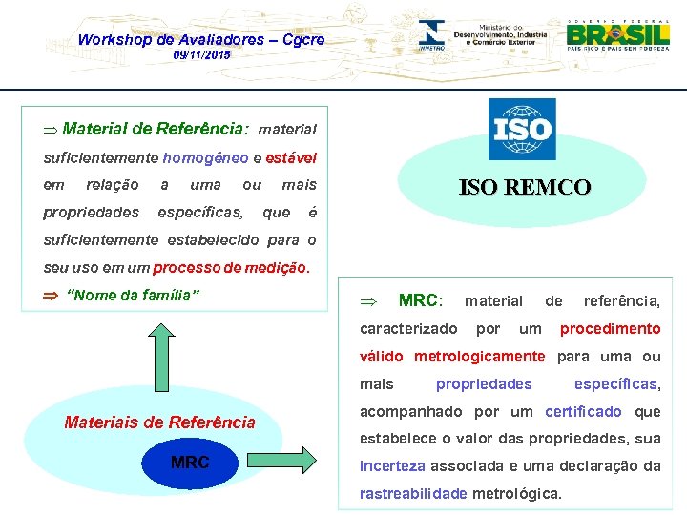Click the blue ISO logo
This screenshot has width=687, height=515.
click(522, 129)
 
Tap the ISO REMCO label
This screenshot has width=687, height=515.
click(524, 188)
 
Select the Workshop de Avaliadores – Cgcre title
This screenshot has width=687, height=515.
click(200, 39)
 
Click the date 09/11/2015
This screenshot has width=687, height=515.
click(201, 56)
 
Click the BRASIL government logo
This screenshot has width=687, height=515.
click(617, 36)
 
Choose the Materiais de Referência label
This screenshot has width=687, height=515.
click(159, 422)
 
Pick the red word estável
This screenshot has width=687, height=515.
click(291, 156)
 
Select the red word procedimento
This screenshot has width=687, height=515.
click(610, 329)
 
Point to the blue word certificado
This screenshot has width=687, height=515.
click(583, 412)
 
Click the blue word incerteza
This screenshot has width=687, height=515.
click(392, 466)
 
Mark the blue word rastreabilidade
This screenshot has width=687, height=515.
click(413, 494)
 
